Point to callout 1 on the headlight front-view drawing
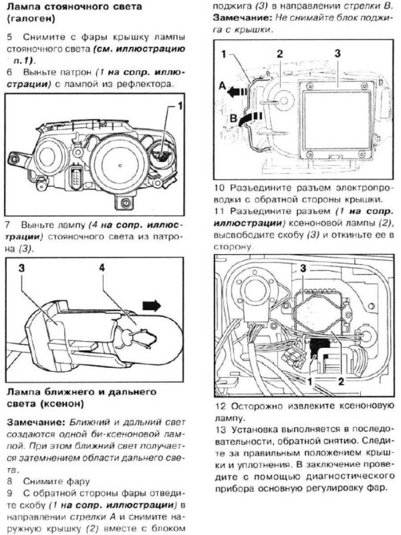pos(180,106)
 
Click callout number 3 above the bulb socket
pos(22,268)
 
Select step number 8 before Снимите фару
pos(10,481)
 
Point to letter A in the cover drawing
pos(223,87)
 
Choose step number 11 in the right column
pos(219,211)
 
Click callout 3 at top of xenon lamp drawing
pos(303,268)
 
